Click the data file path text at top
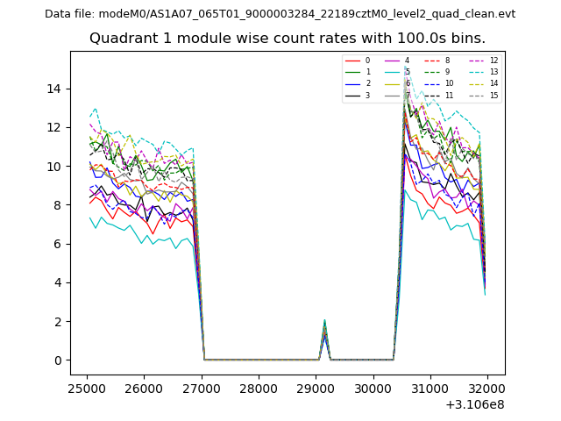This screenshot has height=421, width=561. (280, 14)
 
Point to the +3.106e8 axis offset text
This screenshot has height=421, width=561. (474, 405)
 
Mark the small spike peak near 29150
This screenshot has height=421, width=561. (324, 320)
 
